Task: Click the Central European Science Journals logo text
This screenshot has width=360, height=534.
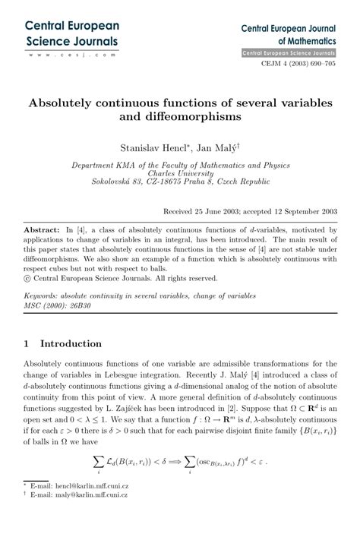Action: click(72, 33)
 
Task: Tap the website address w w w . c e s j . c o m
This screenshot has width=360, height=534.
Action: click(71, 55)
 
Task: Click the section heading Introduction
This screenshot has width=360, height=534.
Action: click(71, 343)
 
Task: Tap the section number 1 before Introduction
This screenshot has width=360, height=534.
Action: click(27, 343)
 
